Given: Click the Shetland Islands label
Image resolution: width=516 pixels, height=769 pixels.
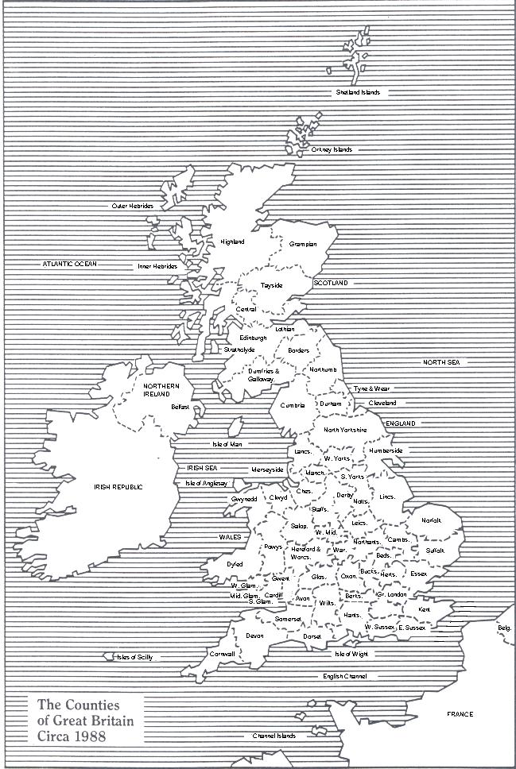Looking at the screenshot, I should [x=358, y=92].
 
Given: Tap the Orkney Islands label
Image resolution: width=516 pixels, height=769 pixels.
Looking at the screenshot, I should [x=332, y=149].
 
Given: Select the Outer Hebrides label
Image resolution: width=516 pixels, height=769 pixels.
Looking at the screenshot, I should [x=132, y=206].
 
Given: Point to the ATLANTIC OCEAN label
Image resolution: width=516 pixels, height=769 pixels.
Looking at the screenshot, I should [x=70, y=263].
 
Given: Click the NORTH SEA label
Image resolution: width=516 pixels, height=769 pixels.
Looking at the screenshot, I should [x=441, y=362].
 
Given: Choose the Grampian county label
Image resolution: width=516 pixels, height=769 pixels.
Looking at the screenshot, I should [x=303, y=244].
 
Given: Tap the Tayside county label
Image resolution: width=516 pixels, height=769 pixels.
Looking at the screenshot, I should [x=271, y=286].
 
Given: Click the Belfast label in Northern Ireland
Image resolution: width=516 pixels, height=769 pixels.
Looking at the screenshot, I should [x=180, y=406].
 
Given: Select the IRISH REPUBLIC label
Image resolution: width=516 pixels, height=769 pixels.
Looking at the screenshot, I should [x=118, y=486].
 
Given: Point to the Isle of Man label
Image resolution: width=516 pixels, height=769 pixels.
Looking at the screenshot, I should [x=227, y=444].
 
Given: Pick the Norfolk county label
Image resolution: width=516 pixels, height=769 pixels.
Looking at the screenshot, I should [x=431, y=520].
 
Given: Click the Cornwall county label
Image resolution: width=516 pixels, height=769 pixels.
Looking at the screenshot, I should [x=222, y=654].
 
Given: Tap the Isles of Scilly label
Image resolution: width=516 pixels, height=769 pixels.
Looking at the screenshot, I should [x=134, y=657].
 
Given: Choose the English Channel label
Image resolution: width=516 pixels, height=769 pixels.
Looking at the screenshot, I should [x=345, y=676].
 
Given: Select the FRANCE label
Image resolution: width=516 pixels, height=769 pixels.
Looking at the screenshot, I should [x=460, y=714].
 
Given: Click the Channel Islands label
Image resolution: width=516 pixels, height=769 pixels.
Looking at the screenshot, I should [x=274, y=736].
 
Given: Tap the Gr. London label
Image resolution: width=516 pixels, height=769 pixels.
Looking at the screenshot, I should [x=392, y=594].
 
